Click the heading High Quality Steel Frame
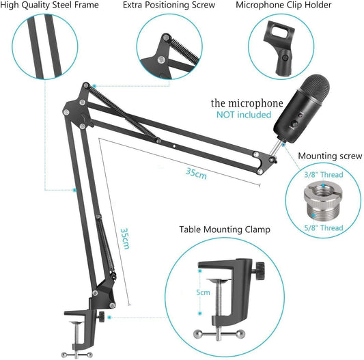coord(49,5)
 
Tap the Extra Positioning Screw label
coord(169,5)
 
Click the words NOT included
coord(244,115)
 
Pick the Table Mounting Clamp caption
coord(225,230)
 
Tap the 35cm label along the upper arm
coord(197,172)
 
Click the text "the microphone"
coord(247,102)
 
